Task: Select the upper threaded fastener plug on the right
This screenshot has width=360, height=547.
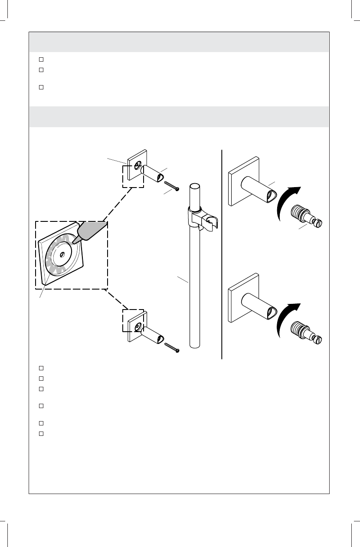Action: coord(306,216)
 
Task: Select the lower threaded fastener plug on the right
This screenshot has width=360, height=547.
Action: coord(306,332)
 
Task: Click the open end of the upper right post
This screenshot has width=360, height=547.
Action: coord(273,197)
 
